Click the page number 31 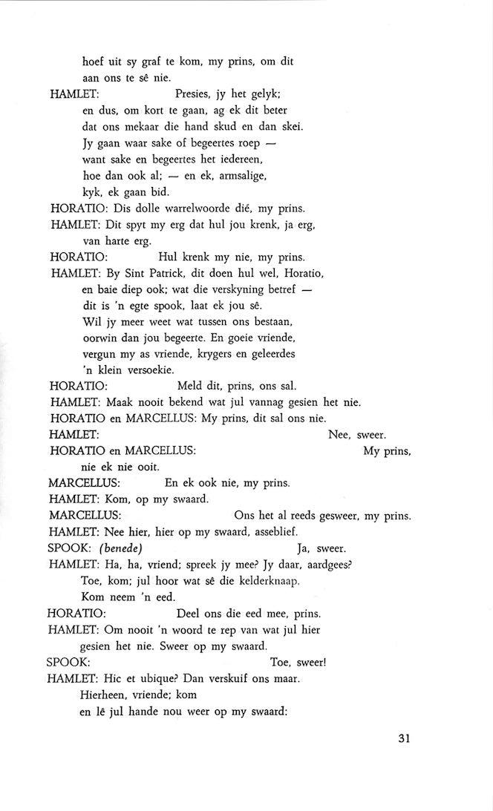(x=404, y=738)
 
